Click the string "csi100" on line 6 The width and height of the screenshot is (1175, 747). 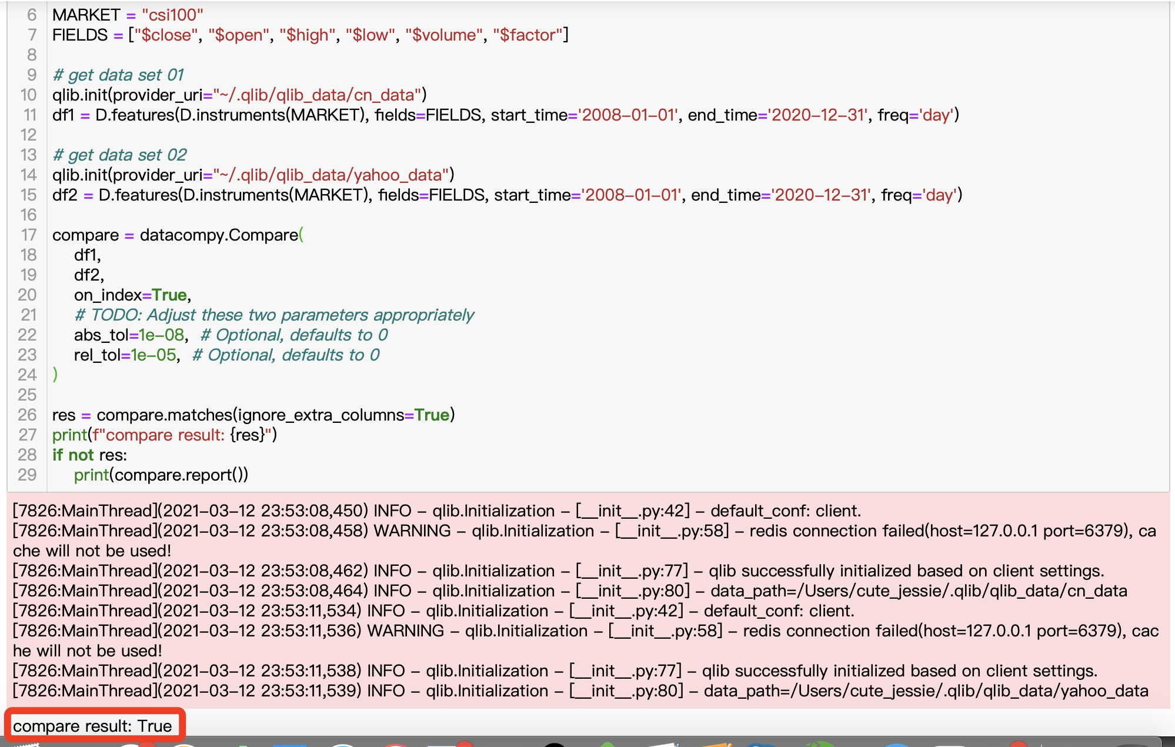point(172,15)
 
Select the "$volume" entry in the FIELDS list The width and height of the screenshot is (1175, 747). point(440,35)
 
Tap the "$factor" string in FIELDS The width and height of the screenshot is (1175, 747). point(528,35)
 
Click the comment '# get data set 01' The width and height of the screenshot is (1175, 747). point(118,75)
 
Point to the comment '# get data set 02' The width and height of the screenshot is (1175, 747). point(119,155)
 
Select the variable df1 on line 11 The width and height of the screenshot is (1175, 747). point(63,115)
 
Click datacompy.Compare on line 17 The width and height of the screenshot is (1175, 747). point(219,235)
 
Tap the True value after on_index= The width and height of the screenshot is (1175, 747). point(169,295)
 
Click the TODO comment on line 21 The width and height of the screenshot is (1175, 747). point(274,315)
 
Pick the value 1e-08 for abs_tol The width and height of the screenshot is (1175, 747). point(162,335)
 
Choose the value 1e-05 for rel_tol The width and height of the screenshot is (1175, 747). point(153,355)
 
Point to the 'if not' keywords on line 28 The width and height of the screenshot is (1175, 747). point(73,455)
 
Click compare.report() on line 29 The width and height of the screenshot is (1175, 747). point(181,475)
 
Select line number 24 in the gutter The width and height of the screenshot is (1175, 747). point(27,375)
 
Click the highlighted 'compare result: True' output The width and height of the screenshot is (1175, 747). point(92,726)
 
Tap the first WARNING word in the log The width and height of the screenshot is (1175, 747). point(412,531)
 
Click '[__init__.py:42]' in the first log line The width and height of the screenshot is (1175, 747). point(633,511)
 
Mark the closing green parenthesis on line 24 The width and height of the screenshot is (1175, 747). point(55,375)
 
